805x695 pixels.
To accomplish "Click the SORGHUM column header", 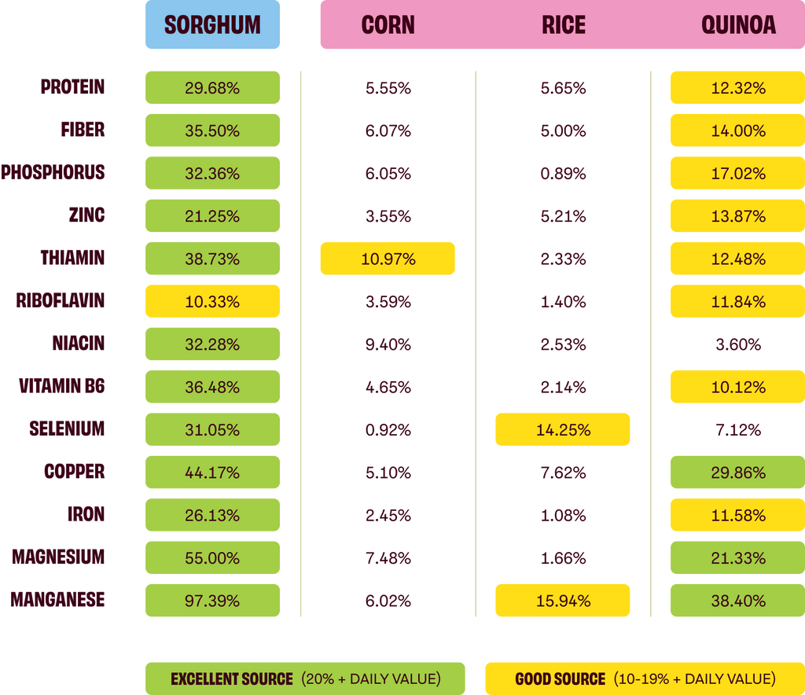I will pos(212,25).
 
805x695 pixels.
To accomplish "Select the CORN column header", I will pos(388,25).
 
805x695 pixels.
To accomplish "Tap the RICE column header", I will pos(563,25).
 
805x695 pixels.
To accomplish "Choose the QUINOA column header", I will pos(738,25).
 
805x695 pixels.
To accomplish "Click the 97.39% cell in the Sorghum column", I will pos(212,601).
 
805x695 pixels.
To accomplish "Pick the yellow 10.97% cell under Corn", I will pos(388,259).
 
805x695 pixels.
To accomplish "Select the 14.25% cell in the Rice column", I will pos(563,430).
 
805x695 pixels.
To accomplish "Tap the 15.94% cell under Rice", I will pos(563,601).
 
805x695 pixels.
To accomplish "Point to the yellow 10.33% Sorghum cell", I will pos(212,301).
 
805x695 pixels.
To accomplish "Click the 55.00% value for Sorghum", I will pos(212,558).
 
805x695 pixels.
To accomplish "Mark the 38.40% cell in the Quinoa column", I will pos(737,601).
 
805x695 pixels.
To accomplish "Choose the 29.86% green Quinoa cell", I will pos(737,473).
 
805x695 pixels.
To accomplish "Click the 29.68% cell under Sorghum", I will pos(212,87).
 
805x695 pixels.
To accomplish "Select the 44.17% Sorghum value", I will pos(212,473).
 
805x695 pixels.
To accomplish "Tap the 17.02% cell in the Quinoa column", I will pos(737,173).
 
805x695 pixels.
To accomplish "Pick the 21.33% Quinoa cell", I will pos(737,558).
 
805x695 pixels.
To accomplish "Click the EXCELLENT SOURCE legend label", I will pos(231,678).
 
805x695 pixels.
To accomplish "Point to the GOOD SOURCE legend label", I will pos(560,678).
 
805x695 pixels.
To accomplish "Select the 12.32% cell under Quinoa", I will pos(737,87).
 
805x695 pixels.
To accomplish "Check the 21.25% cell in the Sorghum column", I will pos(212,215).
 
